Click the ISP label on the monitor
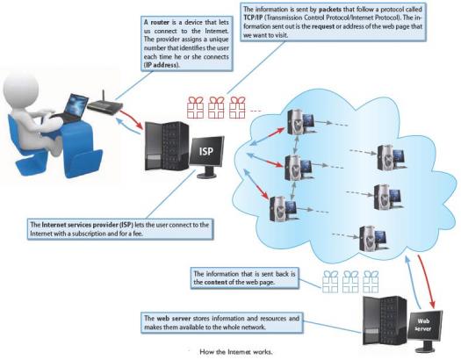205,151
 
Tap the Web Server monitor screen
424,325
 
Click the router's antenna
104,96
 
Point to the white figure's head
20,88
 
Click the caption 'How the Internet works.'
236,352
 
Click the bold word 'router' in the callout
160,22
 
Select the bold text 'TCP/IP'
253,18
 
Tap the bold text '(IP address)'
162,65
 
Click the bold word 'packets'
330,10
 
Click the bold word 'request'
323,26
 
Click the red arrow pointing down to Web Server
426,281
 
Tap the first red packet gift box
195,107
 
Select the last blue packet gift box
371,282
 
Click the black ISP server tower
167,147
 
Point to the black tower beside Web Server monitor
385,321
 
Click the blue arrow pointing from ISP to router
127,126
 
